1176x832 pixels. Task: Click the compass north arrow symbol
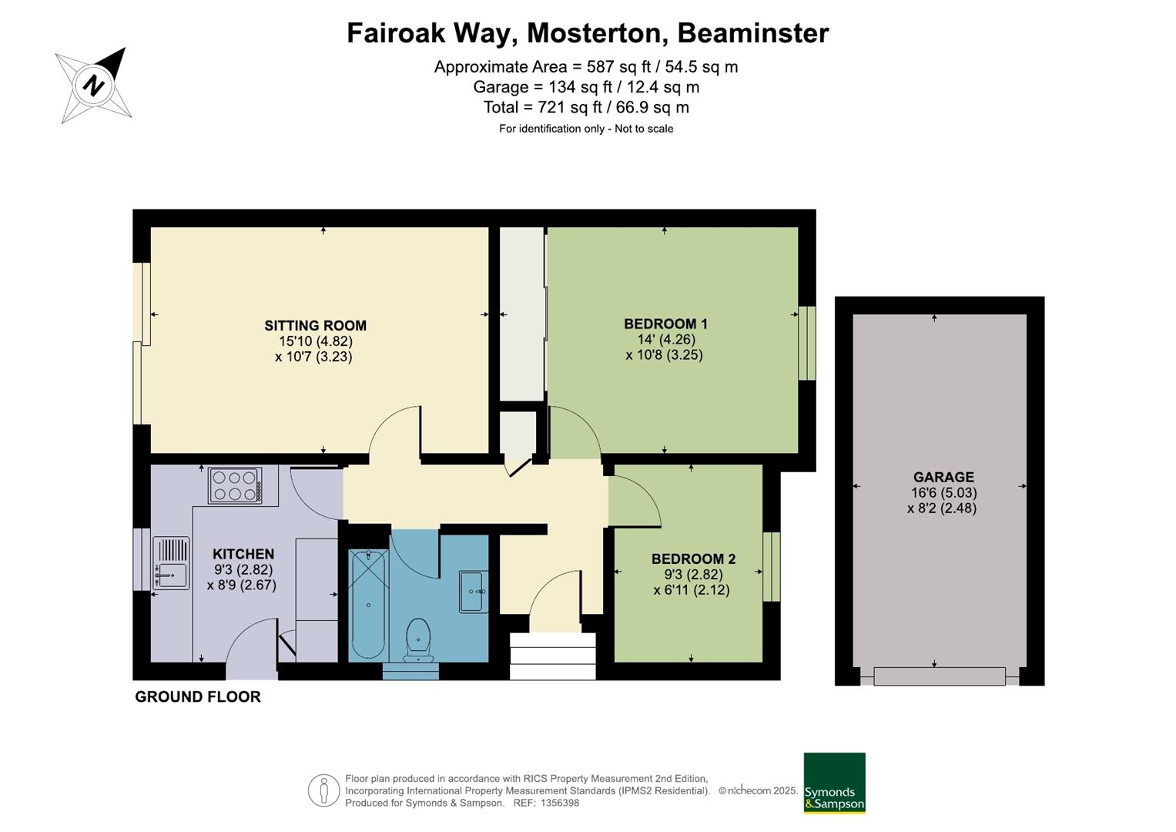(93, 85)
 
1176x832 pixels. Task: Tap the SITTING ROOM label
(315, 326)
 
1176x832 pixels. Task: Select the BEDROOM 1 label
(665, 324)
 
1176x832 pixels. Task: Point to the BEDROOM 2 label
(694, 559)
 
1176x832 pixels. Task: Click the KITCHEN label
(243, 554)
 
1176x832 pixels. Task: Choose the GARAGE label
(943, 477)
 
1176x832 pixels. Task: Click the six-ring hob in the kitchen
(235, 485)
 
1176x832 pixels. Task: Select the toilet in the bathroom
(418, 640)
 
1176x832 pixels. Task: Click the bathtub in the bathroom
(368, 605)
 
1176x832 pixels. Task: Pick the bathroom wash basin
(474, 592)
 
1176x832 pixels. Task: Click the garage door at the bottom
(940, 676)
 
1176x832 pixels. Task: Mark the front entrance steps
(553, 656)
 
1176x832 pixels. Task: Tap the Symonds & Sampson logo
(834, 783)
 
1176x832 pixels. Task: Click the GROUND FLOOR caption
(198, 697)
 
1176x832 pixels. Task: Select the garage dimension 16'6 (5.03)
(943, 493)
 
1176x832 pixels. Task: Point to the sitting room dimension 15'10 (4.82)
(315, 341)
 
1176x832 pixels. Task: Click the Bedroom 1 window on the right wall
(807, 343)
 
